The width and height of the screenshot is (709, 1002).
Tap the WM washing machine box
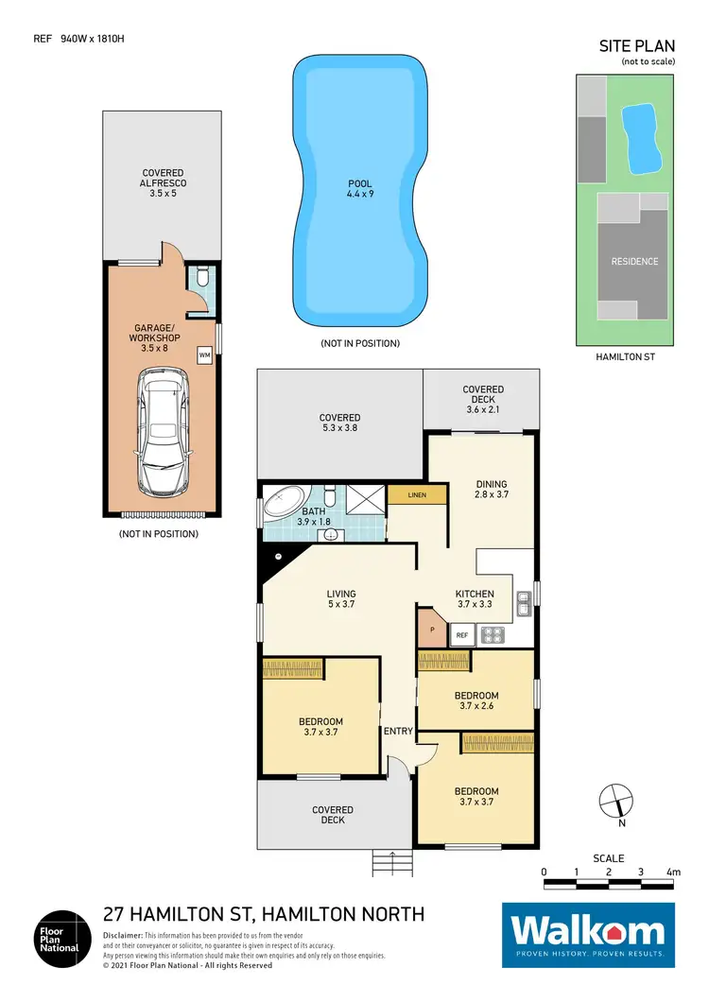pyautogui.click(x=203, y=354)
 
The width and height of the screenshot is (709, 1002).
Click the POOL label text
pyautogui.click(x=360, y=184)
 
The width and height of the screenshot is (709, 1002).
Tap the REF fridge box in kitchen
pyautogui.click(x=462, y=636)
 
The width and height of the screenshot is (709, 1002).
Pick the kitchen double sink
pyautogui.click(x=523, y=601)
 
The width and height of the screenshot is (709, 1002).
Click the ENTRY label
pyautogui.click(x=397, y=731)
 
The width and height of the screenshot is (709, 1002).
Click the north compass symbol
pyautogui.click(x=615, y=801)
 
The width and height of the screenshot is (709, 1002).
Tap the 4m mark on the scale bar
pyautogui.click(x=672, y=871)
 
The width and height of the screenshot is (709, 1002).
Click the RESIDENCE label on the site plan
pyautogui.click(x=634, y=261)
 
